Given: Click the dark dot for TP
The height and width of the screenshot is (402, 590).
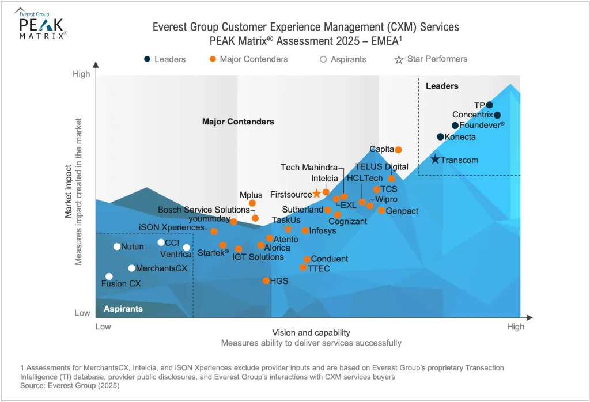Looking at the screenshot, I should [x=489, y=105].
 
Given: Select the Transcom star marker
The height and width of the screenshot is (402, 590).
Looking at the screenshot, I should [x=435, y=159].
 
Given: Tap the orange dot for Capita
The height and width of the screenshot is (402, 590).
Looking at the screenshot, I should [x=398, y=150].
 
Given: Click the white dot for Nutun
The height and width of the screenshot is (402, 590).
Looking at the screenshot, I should [x=117, y=246].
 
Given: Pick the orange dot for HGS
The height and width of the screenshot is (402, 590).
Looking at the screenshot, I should [x=266, y=280].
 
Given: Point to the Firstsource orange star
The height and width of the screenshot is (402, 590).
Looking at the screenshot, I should [x=316, y=194].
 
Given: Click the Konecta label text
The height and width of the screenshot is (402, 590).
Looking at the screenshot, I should [x=460, y=137].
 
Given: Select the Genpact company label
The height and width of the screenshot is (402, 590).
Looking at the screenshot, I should [x=402, y=211].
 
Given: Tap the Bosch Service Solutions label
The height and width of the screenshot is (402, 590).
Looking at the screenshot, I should [x=196, y=210].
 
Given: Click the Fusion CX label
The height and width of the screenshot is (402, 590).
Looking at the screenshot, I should [x=121, y=283].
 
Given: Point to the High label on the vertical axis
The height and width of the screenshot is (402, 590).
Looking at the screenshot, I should [x=81, y=74].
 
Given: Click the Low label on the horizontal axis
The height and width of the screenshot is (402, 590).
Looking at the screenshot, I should [x=103, y=327].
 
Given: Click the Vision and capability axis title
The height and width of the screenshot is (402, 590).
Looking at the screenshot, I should [x=311, y=333].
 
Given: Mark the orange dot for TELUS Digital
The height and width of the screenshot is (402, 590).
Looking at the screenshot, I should [x=392, y=179].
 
